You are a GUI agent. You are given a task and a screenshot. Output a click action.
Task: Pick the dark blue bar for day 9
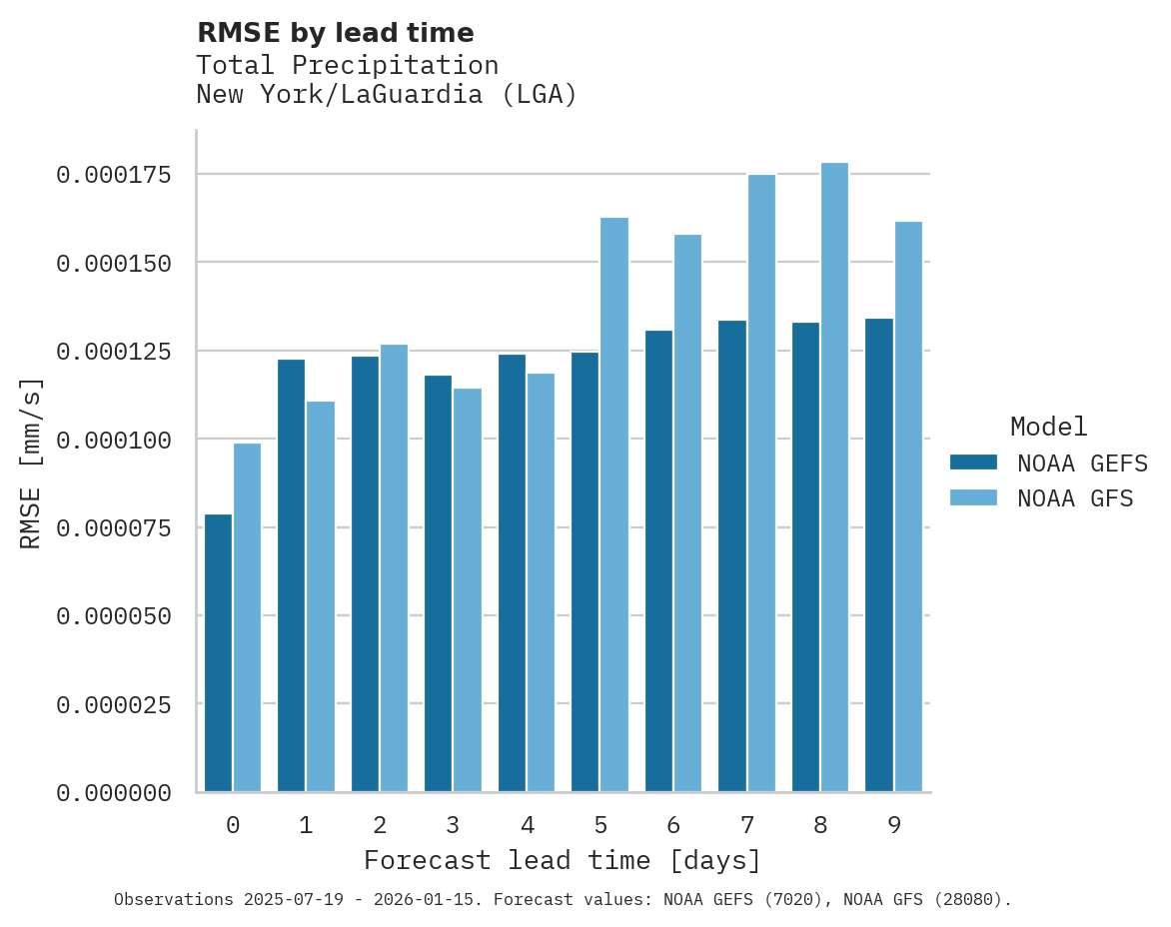[879, 554]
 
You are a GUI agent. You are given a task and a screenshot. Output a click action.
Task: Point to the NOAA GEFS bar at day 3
[438, 583]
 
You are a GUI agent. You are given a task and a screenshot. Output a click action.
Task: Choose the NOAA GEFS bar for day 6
[658, 560]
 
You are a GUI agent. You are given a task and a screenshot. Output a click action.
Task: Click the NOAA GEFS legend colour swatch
[973, 463]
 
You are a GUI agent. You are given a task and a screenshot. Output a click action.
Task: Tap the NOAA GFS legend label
[1075, 498]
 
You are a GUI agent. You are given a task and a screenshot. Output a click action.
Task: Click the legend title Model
[1048, 427]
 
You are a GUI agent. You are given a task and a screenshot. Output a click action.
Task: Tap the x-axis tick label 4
[527, 825]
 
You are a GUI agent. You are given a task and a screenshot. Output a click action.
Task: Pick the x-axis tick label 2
[380, 825]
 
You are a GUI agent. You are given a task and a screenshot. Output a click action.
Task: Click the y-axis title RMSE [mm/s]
[31, 463]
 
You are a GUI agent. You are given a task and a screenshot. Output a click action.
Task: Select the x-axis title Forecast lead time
[563, 860]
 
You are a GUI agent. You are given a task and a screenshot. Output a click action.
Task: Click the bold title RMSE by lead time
[335, 33]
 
